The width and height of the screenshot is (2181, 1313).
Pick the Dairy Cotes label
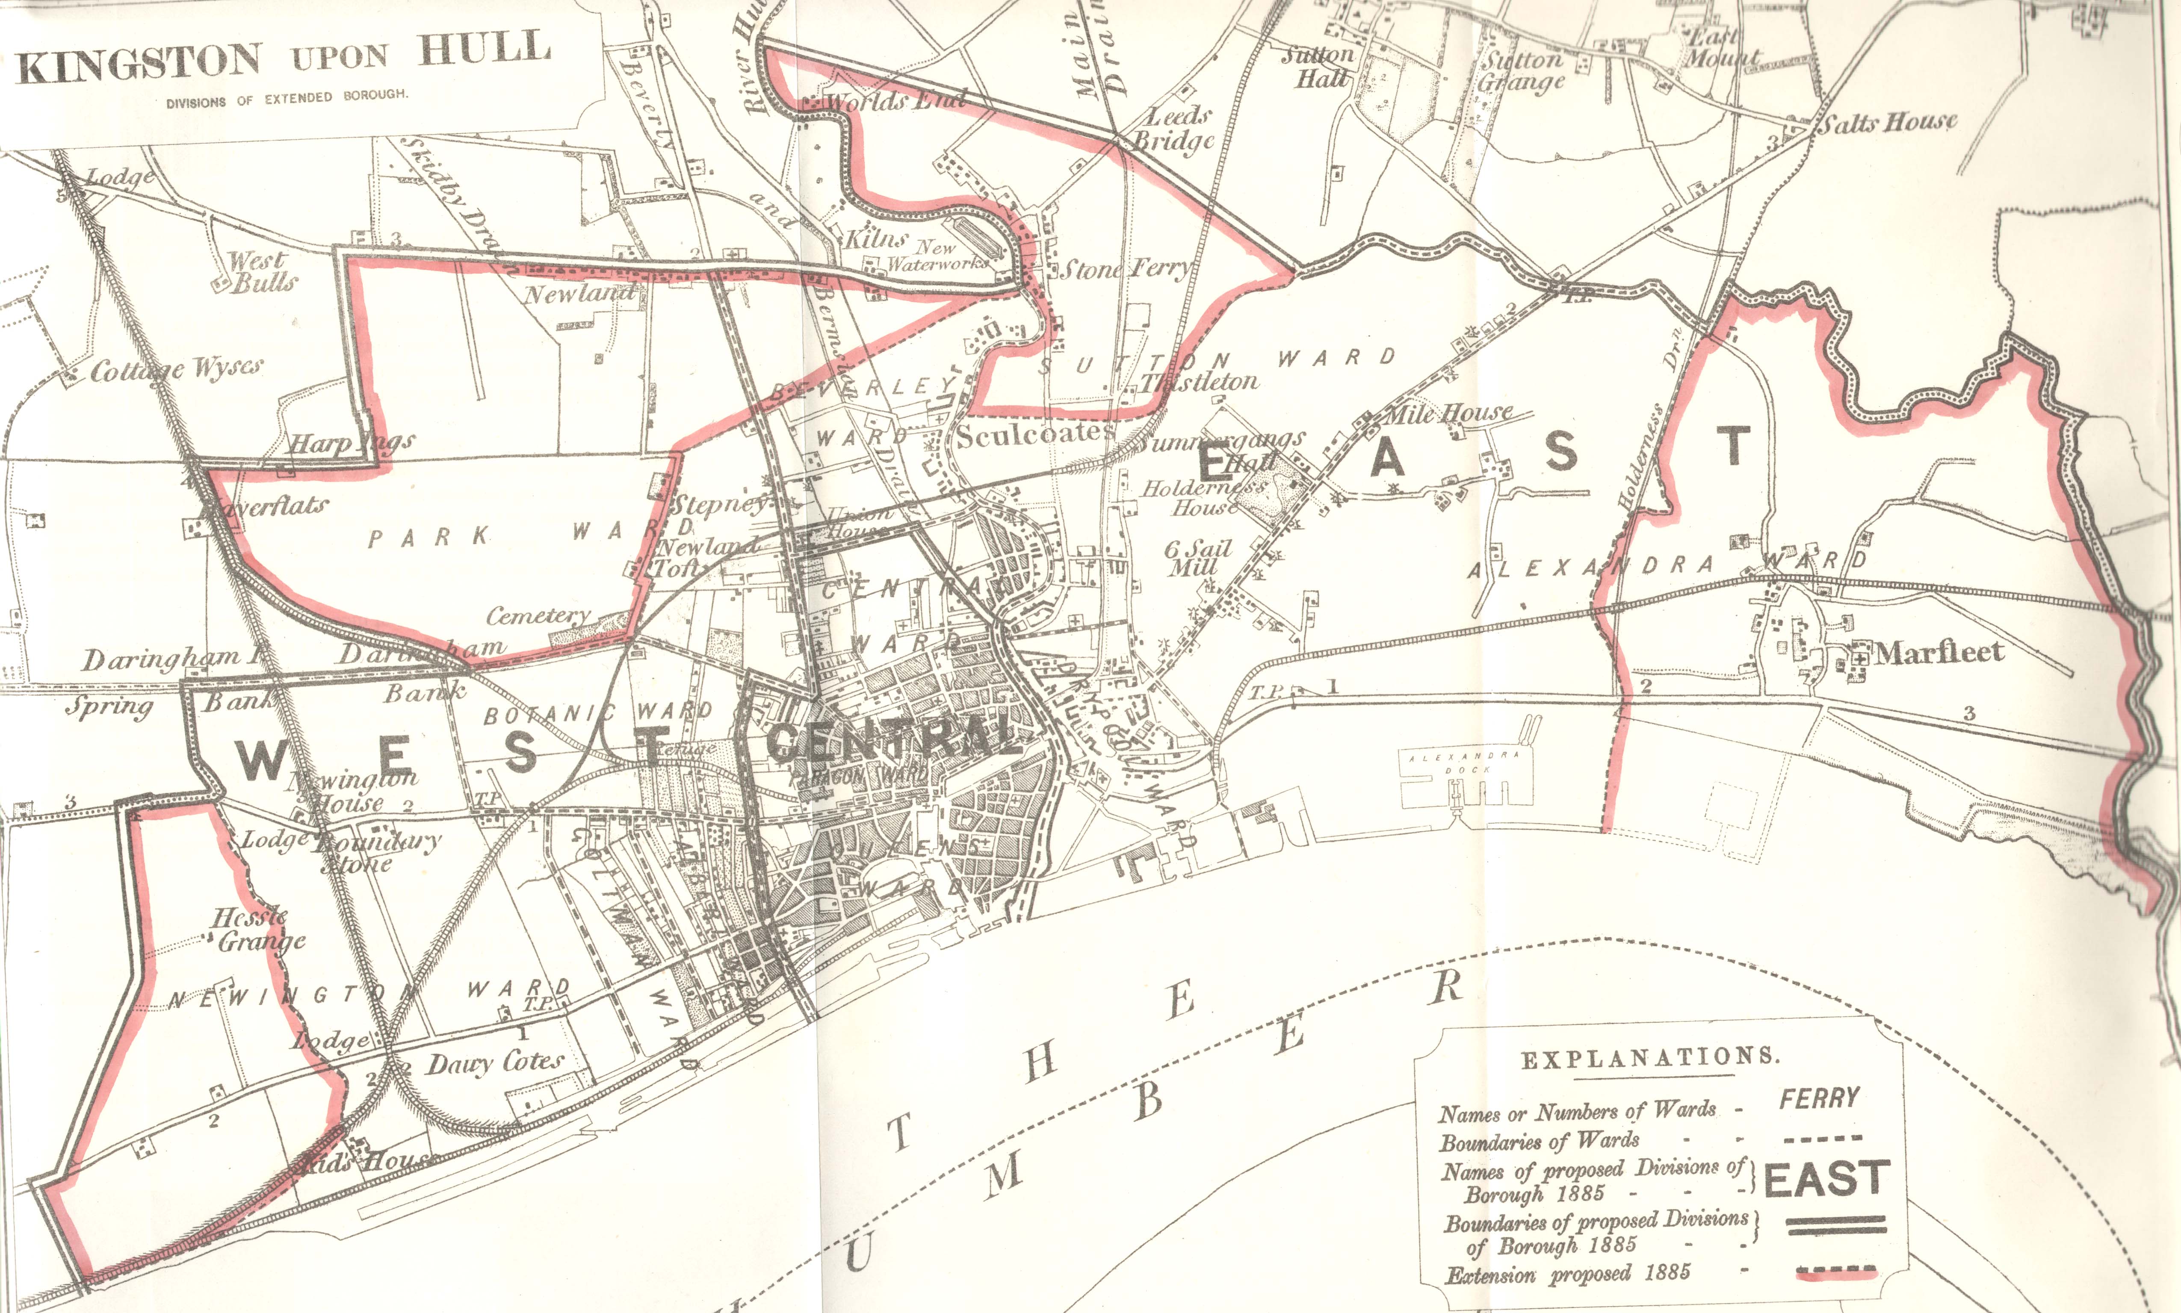(494, 1063)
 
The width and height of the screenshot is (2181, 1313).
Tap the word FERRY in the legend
(1819, 1099)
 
